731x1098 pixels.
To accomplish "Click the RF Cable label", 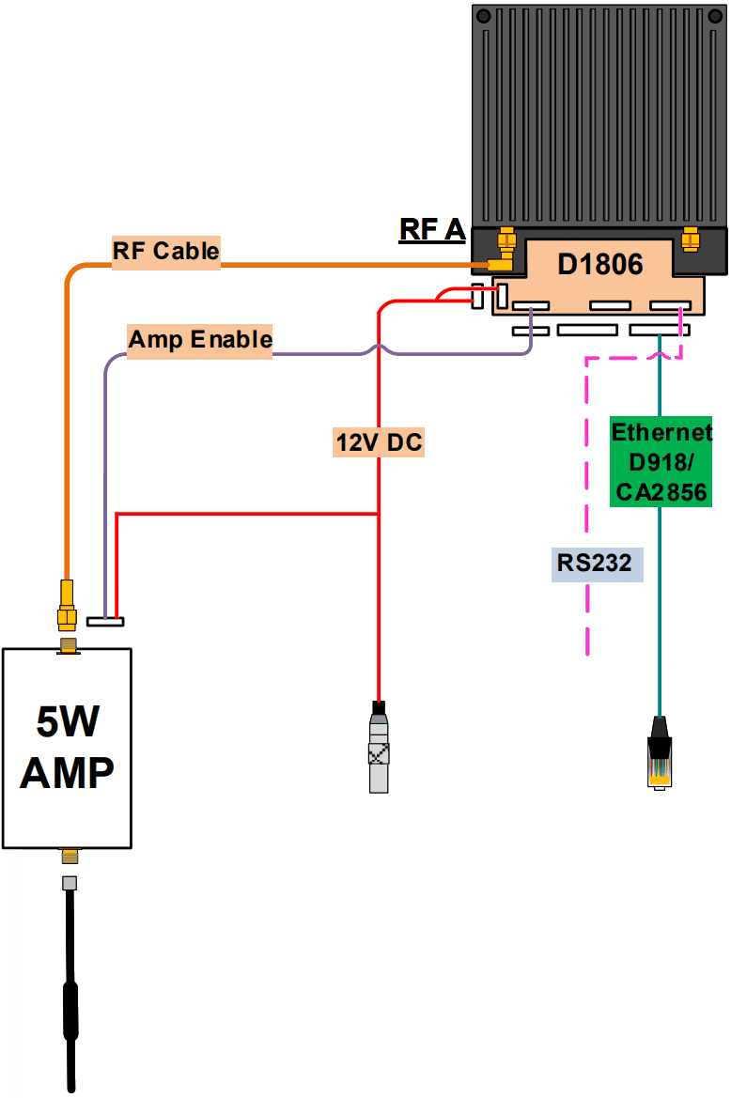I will point(166,252).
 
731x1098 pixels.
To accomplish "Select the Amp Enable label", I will point(200,339).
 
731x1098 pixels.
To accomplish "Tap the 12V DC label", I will point(379,441).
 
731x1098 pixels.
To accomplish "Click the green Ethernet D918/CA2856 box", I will point(661,461).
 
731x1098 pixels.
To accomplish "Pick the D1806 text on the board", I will point(600,264).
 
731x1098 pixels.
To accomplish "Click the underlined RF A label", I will point(432,229).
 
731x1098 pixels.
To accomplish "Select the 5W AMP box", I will point(67,748).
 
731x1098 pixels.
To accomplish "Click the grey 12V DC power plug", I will point(379,750).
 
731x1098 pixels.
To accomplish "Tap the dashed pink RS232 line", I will point(587,507).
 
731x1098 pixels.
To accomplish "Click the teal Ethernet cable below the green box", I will point(661,611).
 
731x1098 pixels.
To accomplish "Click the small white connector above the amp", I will point(104,621).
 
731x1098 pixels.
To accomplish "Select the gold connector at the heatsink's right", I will point(691,240).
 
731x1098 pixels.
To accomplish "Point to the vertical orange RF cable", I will point(67,423).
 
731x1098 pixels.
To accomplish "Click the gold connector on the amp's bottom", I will point(68,856).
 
